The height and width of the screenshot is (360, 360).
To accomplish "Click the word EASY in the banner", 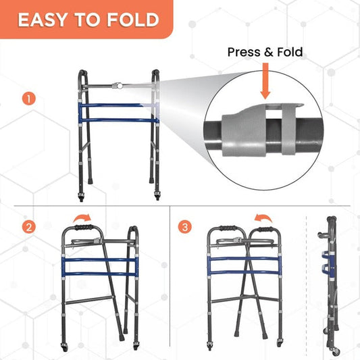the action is [x=43, y=20].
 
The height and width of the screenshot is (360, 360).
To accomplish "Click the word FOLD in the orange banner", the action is [x=133, y=20].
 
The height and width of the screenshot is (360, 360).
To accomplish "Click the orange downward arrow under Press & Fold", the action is [x=265, y=81].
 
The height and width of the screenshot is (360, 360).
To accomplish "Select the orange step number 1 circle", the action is [x=28, y=99].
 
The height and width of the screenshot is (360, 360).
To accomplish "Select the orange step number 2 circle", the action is [x=28, y=227].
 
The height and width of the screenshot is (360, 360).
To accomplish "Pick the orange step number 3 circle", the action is [x=185, y=227].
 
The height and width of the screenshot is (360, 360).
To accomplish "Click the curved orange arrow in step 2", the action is [x=82, y=217].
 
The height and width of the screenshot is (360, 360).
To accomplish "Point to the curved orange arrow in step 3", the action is [x=263, y=217].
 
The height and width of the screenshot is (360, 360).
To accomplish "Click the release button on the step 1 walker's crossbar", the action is [x=119, y=86].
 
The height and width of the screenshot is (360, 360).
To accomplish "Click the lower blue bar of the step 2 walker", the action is [x=100, y=274].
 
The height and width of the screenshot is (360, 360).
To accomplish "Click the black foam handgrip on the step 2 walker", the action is [x=84, y=228].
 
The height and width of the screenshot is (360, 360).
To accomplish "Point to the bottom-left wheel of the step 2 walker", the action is [x=63, y=348].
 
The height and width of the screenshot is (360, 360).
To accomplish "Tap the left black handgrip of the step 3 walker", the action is [x=227, y=228].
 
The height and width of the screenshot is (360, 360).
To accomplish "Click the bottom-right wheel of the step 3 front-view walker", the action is [x=280, y=343].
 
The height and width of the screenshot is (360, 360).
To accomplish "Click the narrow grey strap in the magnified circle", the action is [x=288, y=129].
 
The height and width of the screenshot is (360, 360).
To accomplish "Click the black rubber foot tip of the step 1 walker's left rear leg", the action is [x=91, y=181].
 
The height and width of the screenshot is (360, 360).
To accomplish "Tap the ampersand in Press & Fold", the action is [x=269, y=53].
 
